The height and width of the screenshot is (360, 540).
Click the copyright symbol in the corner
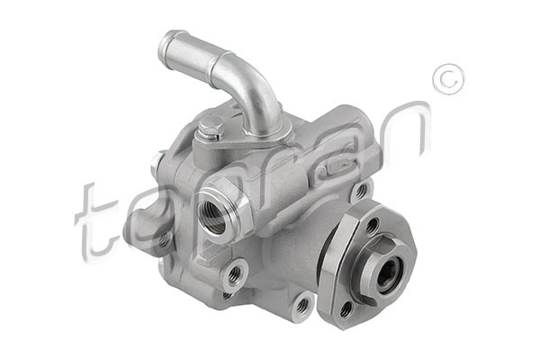click(x=447, y=79)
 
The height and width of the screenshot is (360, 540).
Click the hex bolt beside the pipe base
click(x=210, y=129)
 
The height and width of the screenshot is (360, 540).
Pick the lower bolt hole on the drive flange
click(x=346, y=308)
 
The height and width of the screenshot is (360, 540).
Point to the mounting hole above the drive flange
click(x=360, y=191)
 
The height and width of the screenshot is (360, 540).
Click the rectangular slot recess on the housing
click(x=340, y=167)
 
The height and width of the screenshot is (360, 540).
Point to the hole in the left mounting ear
click(x=164, y=239)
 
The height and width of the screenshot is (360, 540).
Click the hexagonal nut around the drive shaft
click(x=382, y=270)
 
